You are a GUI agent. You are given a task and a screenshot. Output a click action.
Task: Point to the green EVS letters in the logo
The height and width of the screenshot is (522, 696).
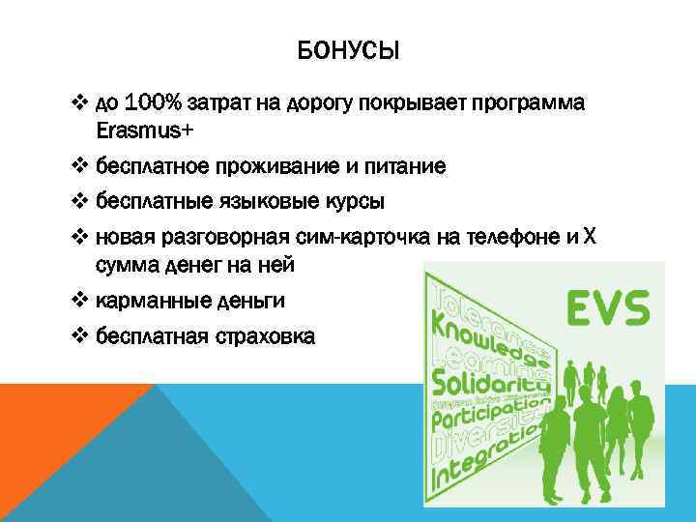point(607,307)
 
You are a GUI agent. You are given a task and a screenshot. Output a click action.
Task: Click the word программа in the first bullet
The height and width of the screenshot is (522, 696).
point(528,104)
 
